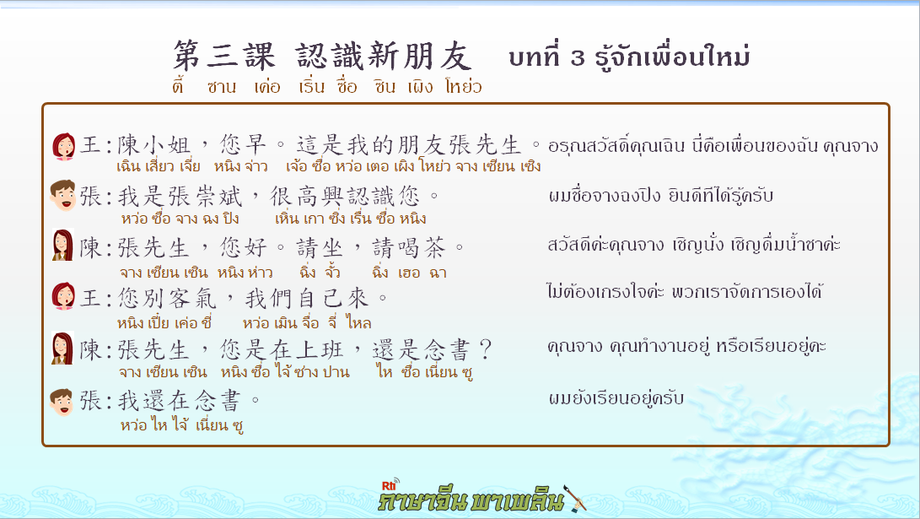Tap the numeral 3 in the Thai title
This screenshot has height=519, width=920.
point(578,57)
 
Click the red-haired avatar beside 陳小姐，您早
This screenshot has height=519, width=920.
point(63,146)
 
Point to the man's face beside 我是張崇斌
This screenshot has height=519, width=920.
point(62,196)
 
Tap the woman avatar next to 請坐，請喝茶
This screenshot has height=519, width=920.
point(62,245)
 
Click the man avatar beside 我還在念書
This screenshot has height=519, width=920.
point(62,402)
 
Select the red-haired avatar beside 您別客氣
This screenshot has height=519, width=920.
point(63,296)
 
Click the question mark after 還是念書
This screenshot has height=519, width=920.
point(485,350)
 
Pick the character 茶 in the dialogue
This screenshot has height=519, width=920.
point(435,248)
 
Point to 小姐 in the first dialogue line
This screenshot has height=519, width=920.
point(167,144)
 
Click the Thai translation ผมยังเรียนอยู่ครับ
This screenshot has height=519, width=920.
point(616,398)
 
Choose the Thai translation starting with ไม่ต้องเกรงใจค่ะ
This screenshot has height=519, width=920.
point(684,291)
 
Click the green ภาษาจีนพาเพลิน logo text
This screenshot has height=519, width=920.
point(471,500)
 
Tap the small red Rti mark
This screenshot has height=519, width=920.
point(390,485)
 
